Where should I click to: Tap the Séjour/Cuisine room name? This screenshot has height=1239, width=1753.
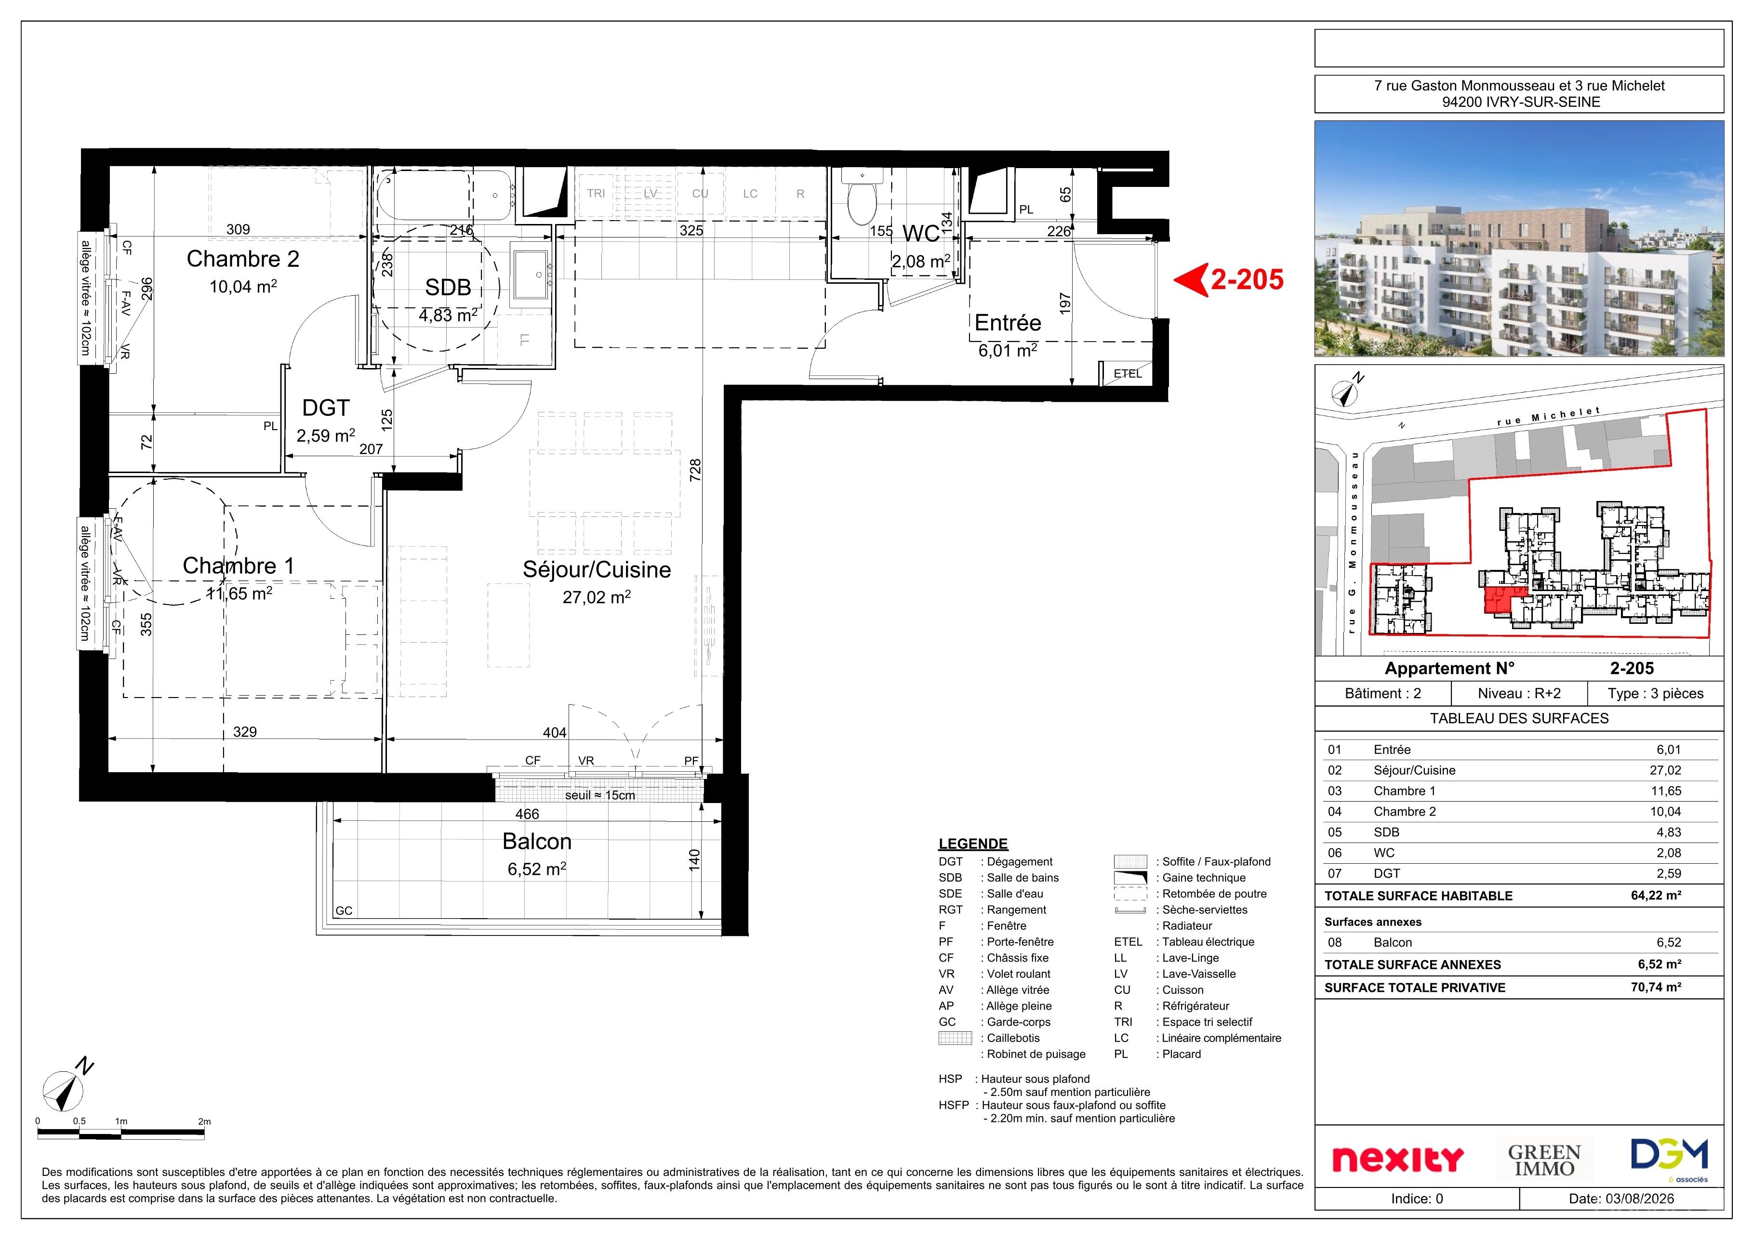596,569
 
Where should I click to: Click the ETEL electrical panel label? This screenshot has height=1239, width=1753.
1128,373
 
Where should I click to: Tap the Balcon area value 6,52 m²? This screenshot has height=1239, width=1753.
537,869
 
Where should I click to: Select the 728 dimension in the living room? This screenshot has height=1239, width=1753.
695,470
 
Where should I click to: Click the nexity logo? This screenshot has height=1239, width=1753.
1397,1159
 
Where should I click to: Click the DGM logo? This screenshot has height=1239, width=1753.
1669,1157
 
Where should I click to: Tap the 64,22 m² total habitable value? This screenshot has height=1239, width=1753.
1656,896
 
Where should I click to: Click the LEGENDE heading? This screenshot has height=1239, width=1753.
973,844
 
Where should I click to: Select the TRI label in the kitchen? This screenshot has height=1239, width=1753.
596,193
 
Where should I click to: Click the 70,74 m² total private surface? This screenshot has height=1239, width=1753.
1656,987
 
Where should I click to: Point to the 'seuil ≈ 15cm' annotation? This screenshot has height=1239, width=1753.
600,795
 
